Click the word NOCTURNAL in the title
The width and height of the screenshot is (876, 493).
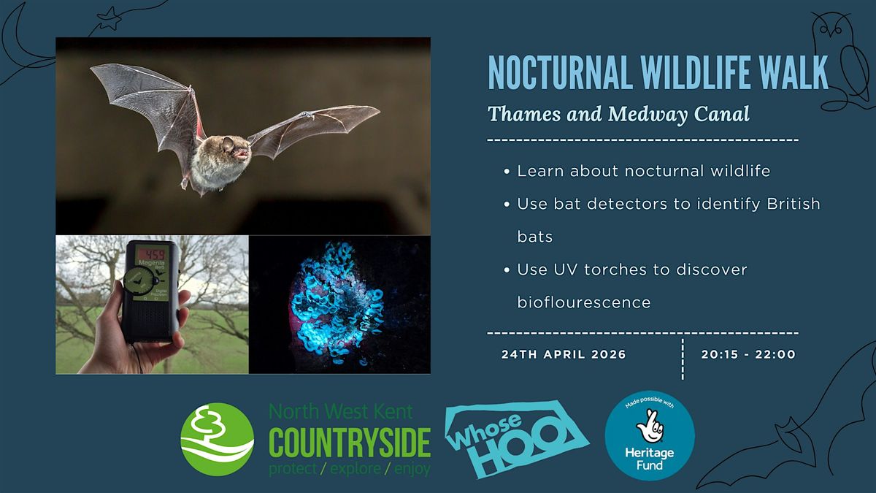point(560,72)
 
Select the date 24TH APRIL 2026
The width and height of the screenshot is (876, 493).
point(564,354)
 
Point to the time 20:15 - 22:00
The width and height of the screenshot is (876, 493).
point(748,354)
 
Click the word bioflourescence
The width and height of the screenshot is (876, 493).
point(584,302)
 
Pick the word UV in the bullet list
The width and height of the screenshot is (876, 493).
point(565,270)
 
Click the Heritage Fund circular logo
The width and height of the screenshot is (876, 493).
point(650,435)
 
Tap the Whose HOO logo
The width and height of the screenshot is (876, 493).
point(517,438)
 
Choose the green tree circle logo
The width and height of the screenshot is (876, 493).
point(217,440)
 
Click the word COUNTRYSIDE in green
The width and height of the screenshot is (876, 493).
point(350,443)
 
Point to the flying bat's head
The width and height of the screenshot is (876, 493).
point(234,149)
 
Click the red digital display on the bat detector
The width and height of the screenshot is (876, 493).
point(150,254)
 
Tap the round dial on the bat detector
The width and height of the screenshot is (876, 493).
point(140,280)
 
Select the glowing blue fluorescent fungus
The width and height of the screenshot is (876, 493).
point(334,303)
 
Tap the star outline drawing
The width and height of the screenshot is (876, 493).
point(109,18)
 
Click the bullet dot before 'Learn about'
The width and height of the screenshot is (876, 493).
point(507,172)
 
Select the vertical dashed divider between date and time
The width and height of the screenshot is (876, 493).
point(683,359)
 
